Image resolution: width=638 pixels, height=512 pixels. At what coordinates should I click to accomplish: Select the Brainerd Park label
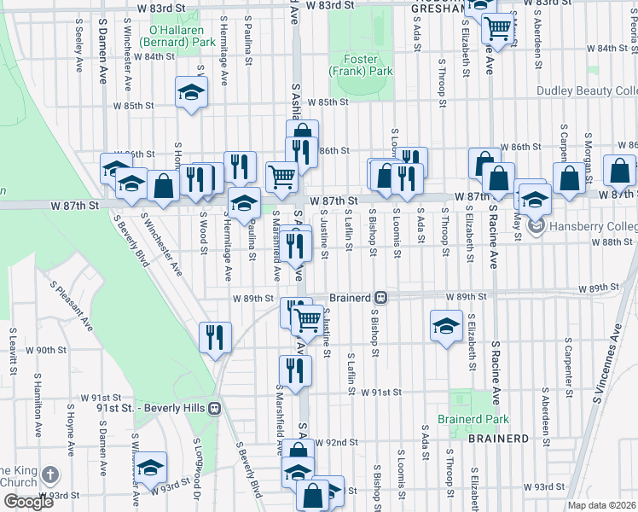pyautogui.click(x=473, y=419)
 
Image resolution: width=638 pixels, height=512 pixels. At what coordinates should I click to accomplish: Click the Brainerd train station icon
pyautogui.click(x=381, y=298)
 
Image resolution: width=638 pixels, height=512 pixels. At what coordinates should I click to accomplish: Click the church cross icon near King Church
pyautogui.click(x=50, y=474)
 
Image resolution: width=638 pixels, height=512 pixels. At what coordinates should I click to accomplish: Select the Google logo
pyautogui.click(x=28, y=502)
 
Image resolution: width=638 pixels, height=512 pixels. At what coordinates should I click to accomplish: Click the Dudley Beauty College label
pyautogui.click(x=587, y=91)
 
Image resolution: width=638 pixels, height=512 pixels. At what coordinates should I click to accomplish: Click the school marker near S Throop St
pyautogui.click(x=445, y=325)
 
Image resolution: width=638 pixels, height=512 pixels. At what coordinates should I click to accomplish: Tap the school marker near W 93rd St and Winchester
pyautogui.click(x=151, y=466)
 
